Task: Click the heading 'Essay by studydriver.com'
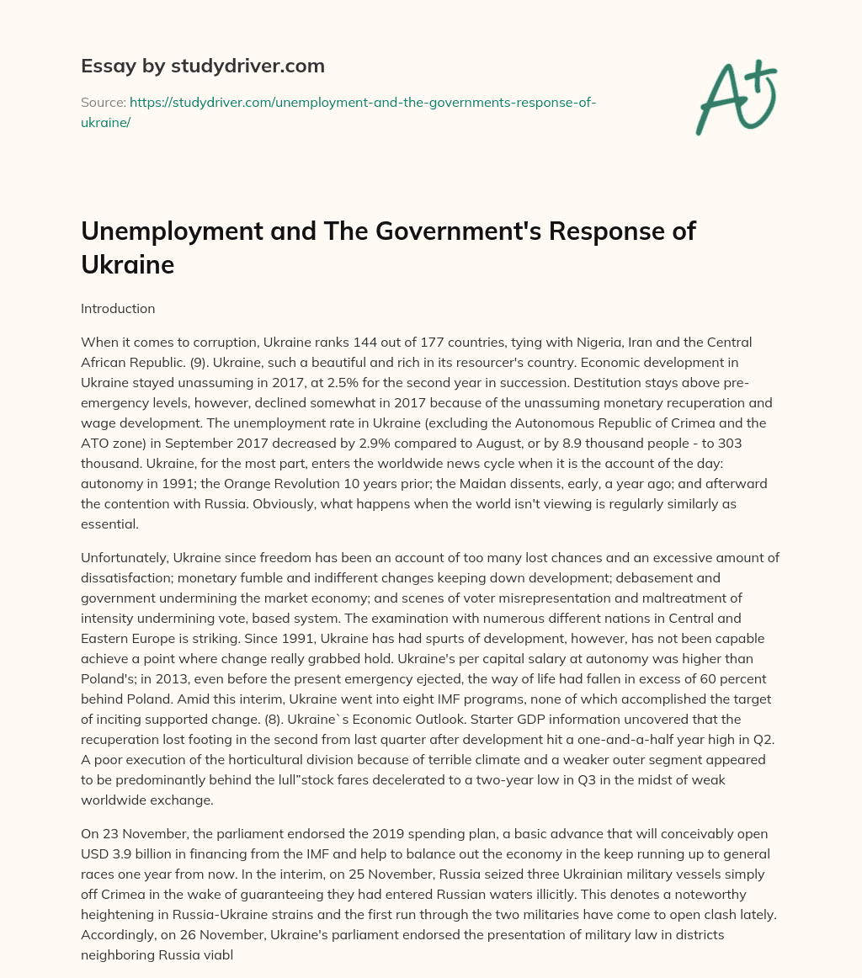[203, 65]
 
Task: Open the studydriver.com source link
[363, 102]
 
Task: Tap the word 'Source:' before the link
[103, 102]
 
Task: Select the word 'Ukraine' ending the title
[127, 264]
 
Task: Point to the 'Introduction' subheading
[118, 308]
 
